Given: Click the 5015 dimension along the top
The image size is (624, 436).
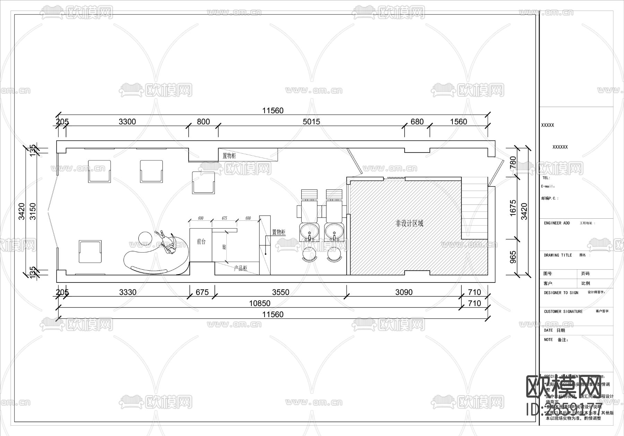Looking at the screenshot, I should pyautogui.click(x=311, y=122).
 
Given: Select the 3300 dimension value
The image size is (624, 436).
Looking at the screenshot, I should pyautogui.click(x=127, y=122).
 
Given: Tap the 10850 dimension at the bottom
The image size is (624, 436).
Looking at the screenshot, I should pyautogui.click(x=260, y=304).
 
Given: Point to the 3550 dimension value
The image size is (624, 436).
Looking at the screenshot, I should pyautogui.click(x=280, y=293).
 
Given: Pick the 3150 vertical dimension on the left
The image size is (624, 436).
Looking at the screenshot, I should pyautogui.click(x=33, y=211).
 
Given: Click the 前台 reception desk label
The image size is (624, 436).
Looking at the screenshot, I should pyautogui.click(x=201, y=242).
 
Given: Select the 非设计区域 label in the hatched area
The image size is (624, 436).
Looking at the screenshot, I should pyautogui.click(x=409, y=224).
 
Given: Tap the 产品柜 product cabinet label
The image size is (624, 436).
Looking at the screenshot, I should pyautogui.click(x=240, y=268).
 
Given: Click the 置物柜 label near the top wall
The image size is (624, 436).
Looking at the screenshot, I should pyautogui.click(x=229, y=156).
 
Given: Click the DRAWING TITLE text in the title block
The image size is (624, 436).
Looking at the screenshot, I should pyautogui.click(x=558, y=255).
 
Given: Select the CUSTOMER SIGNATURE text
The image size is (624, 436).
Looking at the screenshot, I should pyautogui.click(x=563, y=312).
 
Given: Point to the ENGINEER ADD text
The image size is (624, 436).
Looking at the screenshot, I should pyautogui.click(x=557, y=223).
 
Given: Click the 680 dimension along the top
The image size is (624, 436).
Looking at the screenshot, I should pyautogui.click(x=417, y=122).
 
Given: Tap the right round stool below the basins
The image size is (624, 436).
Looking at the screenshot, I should pyautogui.click(x=335, y=255).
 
